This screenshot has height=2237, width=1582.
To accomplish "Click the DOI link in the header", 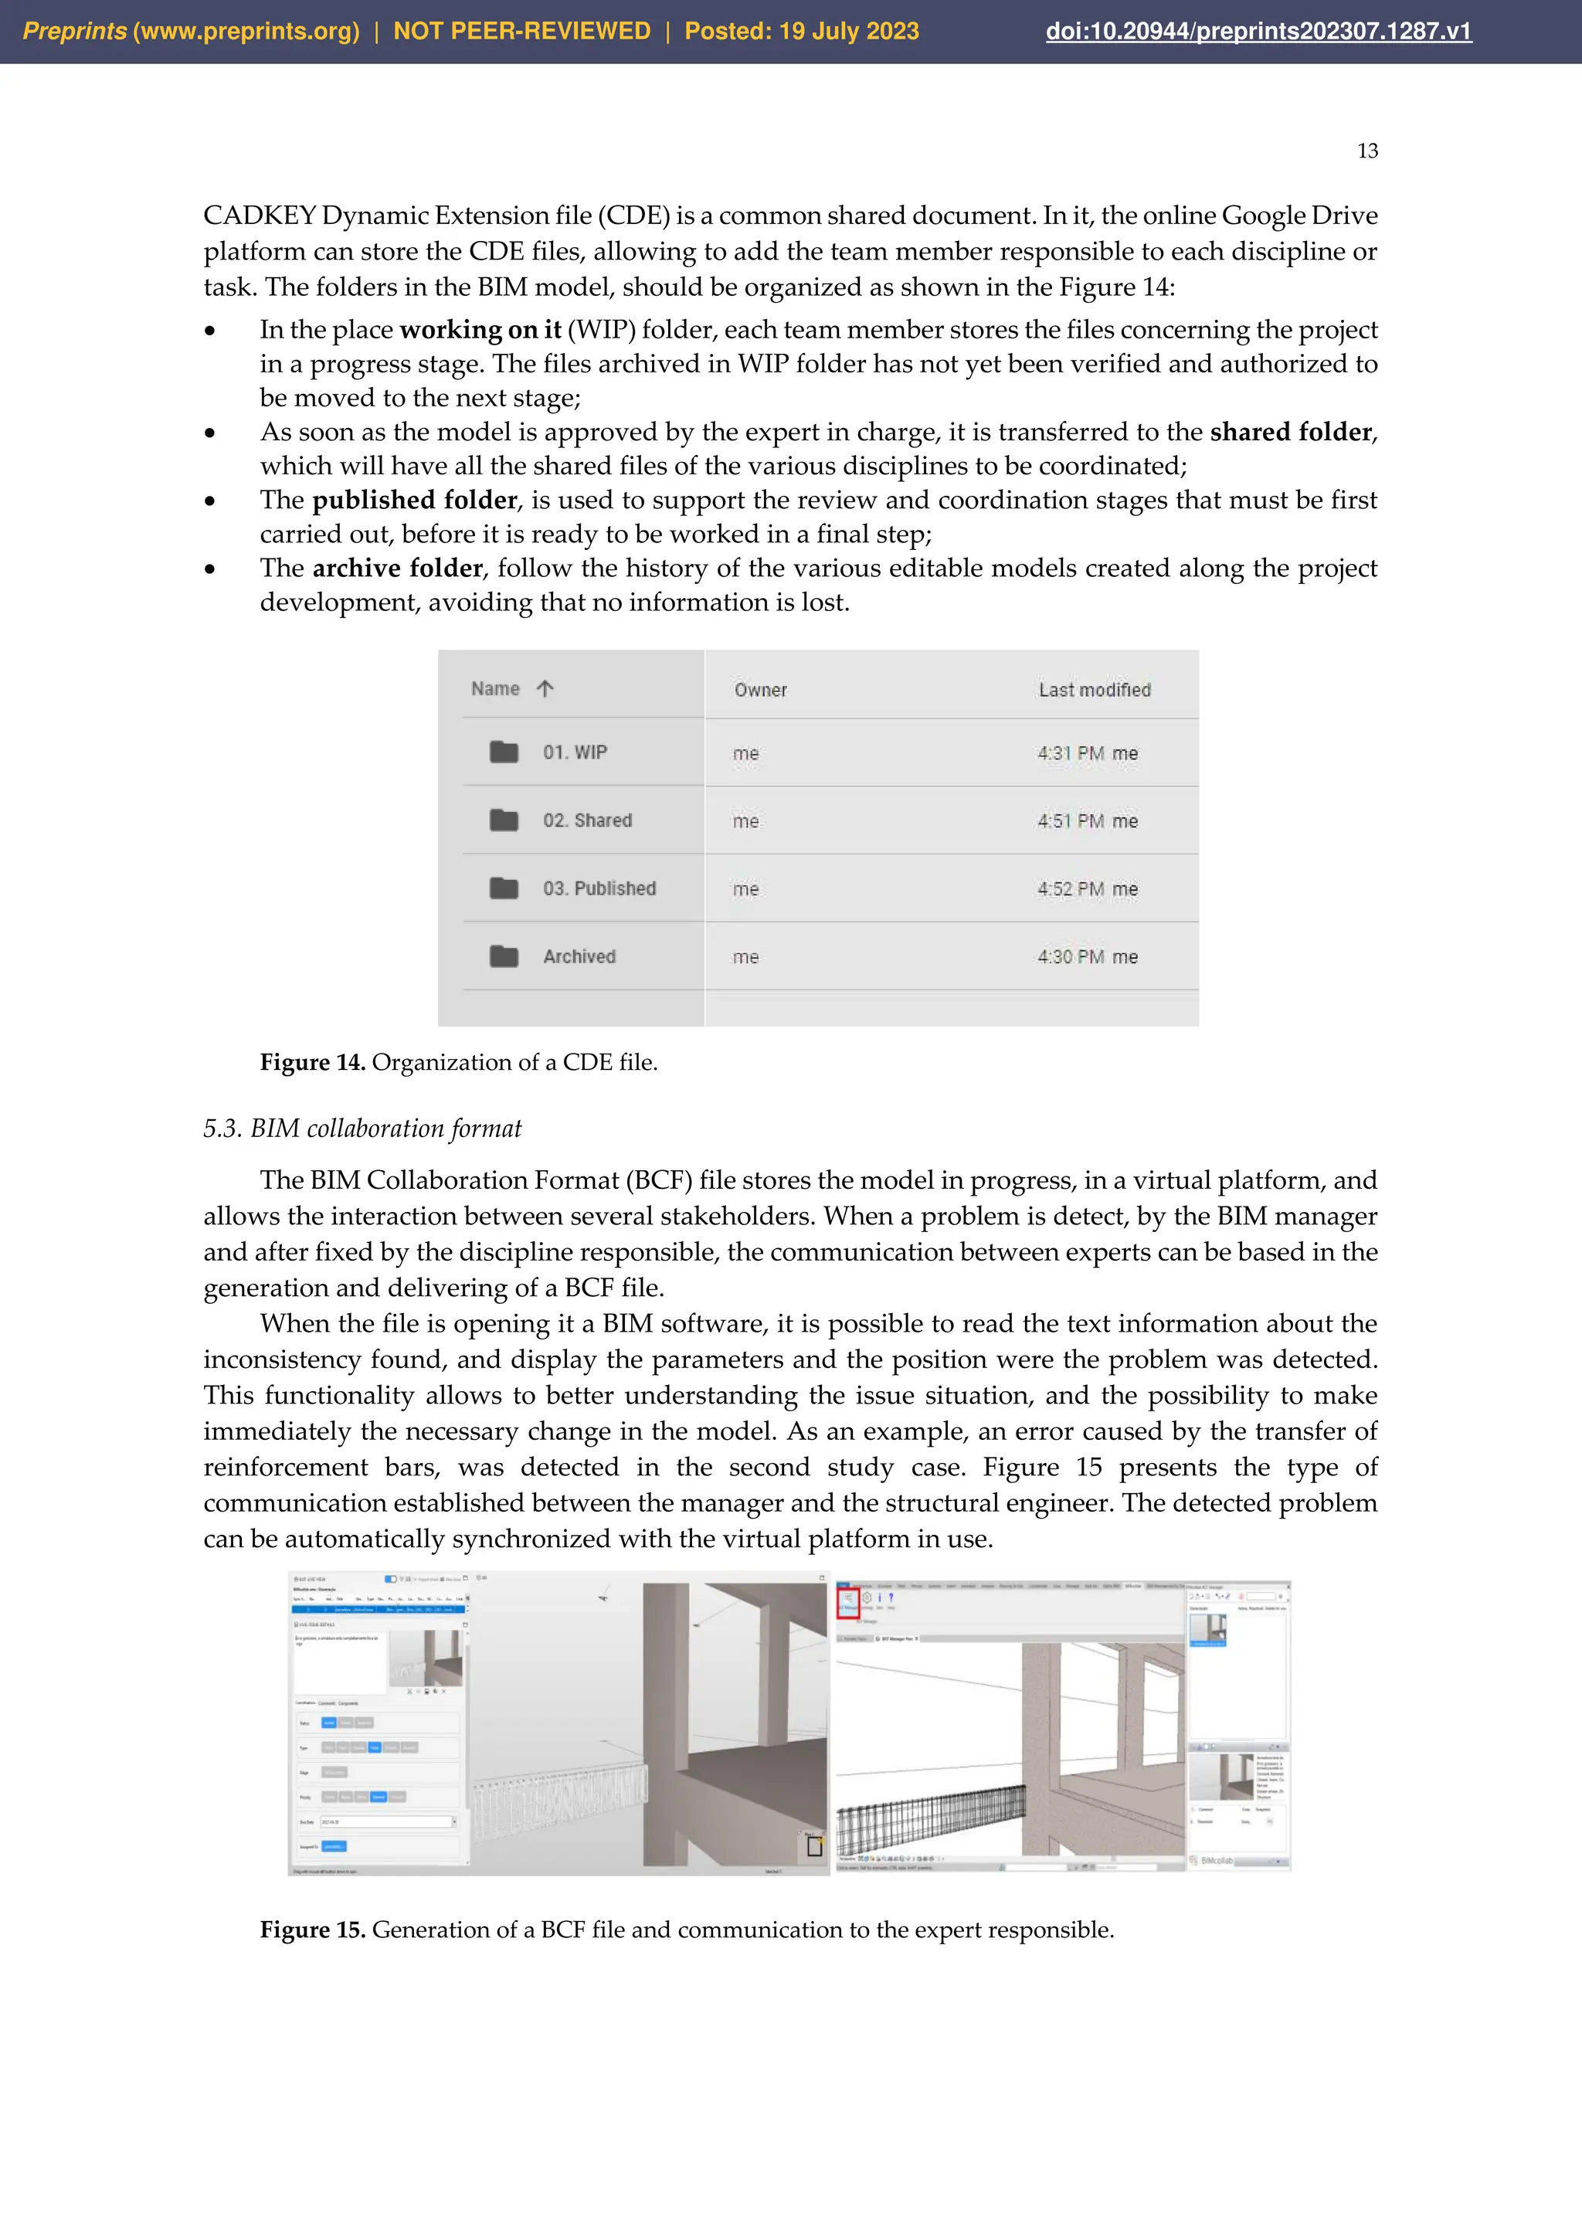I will (x=1258, y=31).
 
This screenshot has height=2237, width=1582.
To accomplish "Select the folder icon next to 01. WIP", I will (x=504, y=752).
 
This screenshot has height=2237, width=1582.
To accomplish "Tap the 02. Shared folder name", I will (x=587, y=820).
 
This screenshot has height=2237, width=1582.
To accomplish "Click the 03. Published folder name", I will (x=599, y=888).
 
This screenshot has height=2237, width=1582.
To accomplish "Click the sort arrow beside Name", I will (x=545, y=689).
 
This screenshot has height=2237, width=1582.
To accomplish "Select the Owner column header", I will (x=760, y=690).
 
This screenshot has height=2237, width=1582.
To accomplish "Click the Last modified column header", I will (x=1094, y=690).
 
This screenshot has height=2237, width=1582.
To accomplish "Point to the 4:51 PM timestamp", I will (x=1070, y=821).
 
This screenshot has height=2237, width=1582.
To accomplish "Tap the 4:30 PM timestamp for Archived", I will (x=1070, y=957).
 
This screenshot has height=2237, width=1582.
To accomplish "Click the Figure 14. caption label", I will (x=312, y=1062).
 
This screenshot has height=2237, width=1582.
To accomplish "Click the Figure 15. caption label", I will (x=312, y=1929).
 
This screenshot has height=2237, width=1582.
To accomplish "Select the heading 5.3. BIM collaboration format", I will (x=362, y=1129).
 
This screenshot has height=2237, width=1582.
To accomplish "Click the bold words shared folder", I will (x=1290, y=432).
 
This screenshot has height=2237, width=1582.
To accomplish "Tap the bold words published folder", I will (x=414, y=500).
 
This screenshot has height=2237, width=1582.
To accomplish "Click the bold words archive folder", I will (x=398, y=568).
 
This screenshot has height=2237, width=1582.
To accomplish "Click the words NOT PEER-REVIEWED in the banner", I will (x=521, y=31).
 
